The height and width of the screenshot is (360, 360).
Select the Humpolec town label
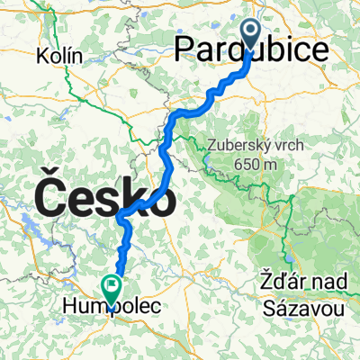pyautogui.click(x=112, y=308)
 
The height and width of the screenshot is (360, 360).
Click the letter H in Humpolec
pyautogui.click(x=69, y=308)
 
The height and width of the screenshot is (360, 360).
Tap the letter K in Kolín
pyautogui.click(x=42, y=56)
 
